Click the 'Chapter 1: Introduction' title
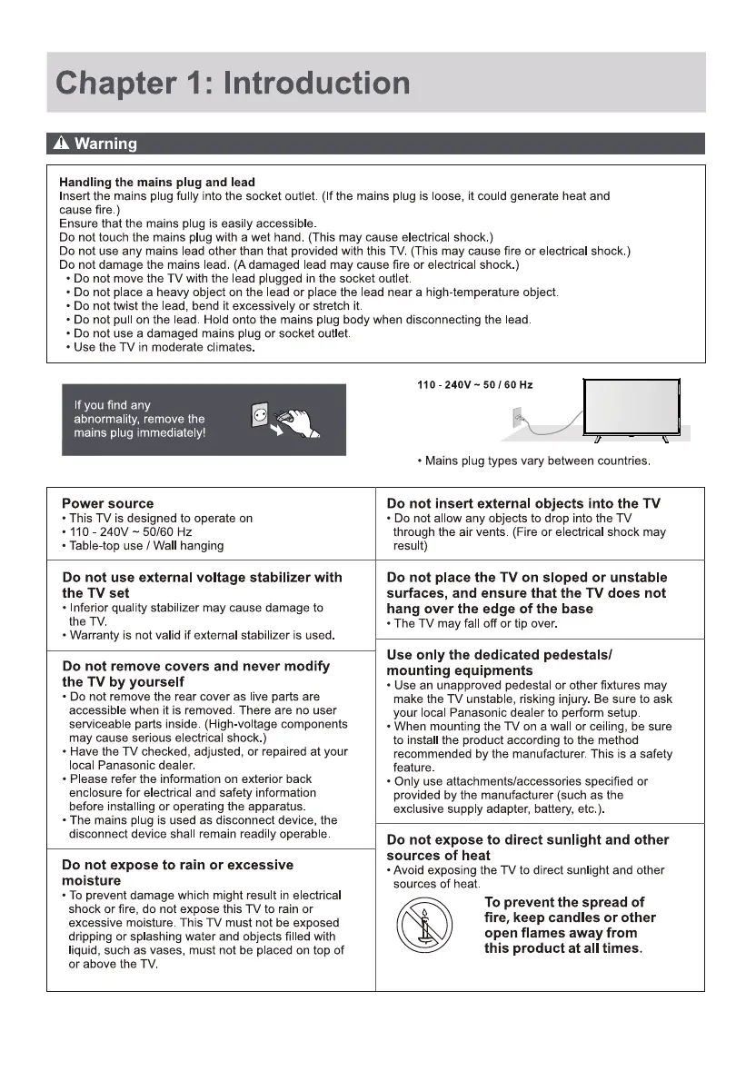click(233, 84)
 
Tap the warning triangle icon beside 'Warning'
click(60, 144)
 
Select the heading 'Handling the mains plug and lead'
click(157, 183)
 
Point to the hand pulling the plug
click(299, 420)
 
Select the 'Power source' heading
click(107, 503)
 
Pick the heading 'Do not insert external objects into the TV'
click(523, 503)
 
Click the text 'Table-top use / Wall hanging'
click(145, 546)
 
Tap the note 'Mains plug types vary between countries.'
click(534, 461)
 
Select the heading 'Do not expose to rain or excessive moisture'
click(177, 872)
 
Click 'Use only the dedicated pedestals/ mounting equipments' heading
click(500, 662)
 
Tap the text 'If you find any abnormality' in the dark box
click(139, 418)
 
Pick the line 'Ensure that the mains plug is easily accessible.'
click(187, 223)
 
